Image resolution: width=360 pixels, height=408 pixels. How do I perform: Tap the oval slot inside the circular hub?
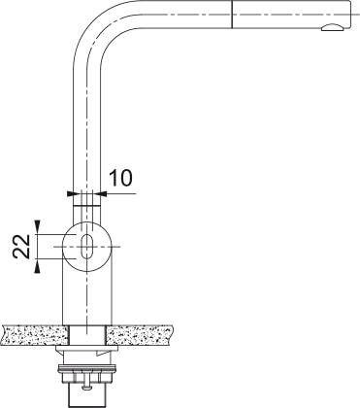tap(87, 246)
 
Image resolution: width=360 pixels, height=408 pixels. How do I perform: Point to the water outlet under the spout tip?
tap(330, 30)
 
